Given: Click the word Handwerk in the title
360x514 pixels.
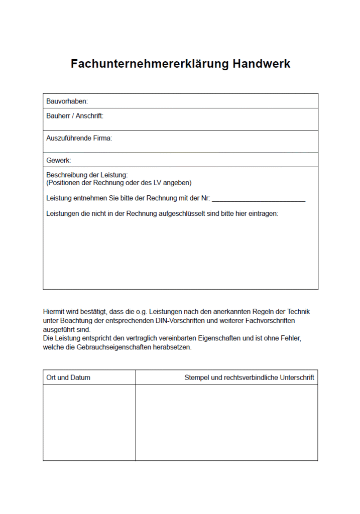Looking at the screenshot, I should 262,64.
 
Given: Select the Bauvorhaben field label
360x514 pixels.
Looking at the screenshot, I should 67,101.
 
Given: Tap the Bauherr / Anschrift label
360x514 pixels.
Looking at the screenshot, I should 74,115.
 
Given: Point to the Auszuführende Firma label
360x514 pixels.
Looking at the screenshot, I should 79,138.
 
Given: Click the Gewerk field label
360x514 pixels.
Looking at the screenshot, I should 58,160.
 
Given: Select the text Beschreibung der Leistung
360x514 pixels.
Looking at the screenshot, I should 87,175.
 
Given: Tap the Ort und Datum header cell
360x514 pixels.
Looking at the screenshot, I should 68,377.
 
